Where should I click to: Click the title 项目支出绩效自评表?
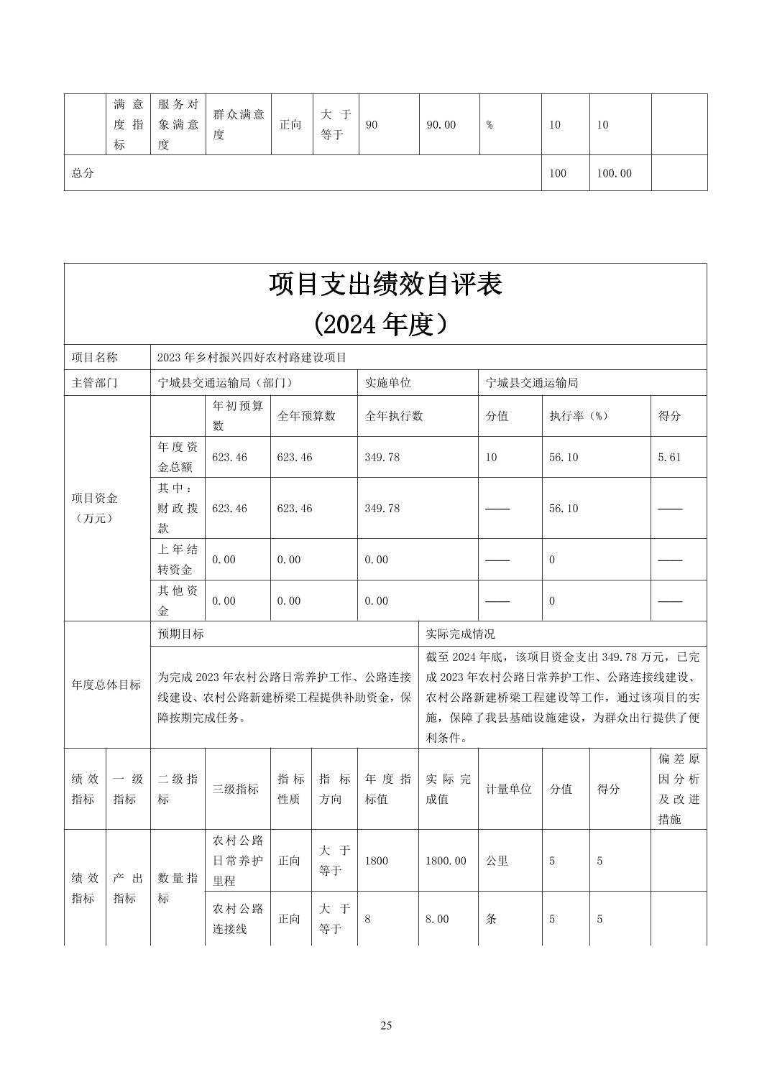tap(385, 285)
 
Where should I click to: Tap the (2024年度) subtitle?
tap(385, 325)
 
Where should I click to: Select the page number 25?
tap(386, 1025)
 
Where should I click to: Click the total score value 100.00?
tap(614, 173)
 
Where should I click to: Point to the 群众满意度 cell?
tap(239, 124)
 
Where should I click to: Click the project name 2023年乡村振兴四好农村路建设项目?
tap(252, 357)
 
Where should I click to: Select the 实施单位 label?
tap(387, 383)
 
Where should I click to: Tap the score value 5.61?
tap(669, 457)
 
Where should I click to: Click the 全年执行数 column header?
tap(394, 416)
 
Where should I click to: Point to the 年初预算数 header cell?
tap(238, 416)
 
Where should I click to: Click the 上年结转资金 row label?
tap(178, 560)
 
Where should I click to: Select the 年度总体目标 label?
tap(106, 685)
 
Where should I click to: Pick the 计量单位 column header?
tap(509, 789)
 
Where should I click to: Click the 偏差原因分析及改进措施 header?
tap(679, 789)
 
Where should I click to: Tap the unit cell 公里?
tap(497, 861)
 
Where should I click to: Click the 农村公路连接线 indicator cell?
tap(238, 919)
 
